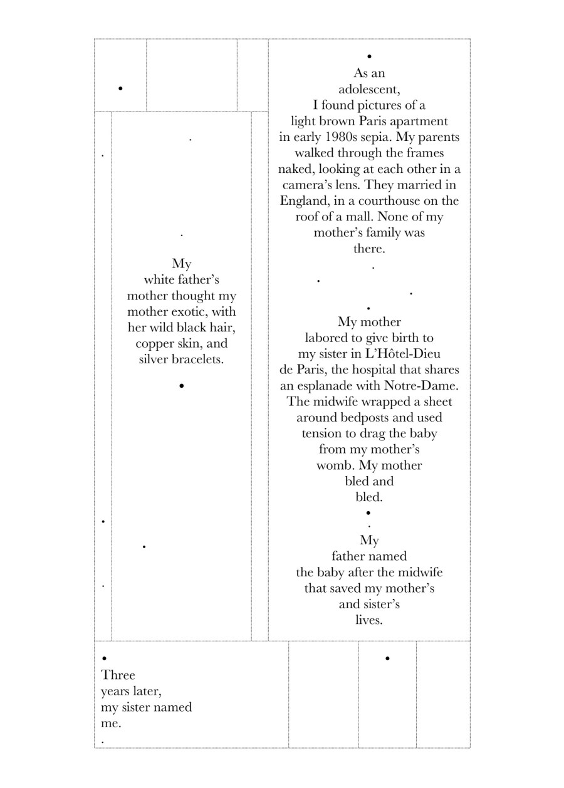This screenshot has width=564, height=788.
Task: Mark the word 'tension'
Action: click(x=323, y=433)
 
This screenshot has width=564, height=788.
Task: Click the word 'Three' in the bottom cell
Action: click(x=118, y=675)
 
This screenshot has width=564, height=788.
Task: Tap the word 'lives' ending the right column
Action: click(x=368, y=620)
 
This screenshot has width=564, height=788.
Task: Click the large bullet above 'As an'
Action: click(x=369, y=57)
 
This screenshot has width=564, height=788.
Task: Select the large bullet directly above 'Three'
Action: click(x=104, y=658)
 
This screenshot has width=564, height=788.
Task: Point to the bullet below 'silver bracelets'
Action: click(x=181, y=386)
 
